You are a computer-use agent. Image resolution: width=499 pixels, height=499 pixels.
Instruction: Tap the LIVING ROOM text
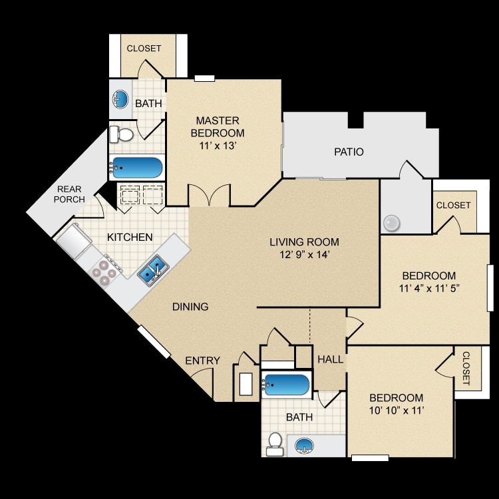(304, 242)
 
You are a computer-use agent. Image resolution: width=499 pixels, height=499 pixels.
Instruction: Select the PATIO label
(349, 152)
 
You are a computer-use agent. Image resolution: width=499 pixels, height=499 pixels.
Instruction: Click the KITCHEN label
(130, 237)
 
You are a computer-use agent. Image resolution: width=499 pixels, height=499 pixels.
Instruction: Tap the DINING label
(190, 307)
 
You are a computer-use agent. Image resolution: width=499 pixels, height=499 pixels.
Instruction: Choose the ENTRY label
(202, 361)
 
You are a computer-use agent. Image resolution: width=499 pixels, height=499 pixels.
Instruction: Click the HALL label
(330, 359)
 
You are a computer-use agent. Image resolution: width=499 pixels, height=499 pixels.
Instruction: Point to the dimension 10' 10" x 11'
(397, 411)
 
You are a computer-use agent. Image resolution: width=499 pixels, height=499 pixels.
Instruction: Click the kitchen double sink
(152, 270)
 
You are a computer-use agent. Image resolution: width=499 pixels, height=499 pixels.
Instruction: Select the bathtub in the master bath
(136, 167)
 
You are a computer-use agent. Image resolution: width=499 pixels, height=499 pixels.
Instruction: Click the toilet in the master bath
(121, 134)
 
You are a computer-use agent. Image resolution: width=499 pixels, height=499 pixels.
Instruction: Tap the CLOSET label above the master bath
(144, 49)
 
